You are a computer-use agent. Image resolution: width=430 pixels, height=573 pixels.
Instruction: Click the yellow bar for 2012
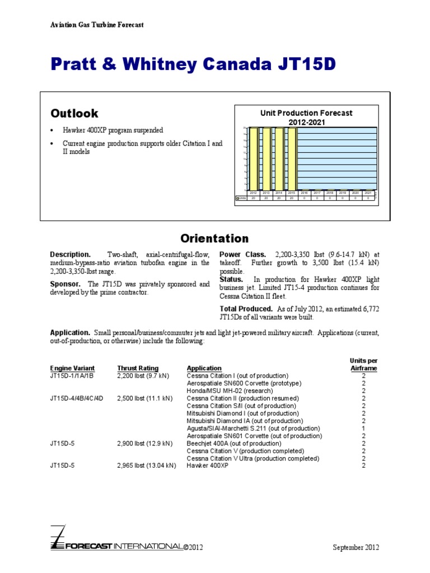(253, 158)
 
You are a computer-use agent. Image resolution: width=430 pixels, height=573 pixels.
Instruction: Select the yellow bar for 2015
(291, 158)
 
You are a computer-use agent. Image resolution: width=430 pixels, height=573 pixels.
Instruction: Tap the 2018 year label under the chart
(330, 192)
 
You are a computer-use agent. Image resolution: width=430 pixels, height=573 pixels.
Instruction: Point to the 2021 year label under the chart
(368, 192)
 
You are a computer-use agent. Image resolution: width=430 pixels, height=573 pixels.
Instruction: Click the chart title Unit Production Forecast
(306, 113)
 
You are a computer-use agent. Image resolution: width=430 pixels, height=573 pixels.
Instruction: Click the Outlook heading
(74, 113)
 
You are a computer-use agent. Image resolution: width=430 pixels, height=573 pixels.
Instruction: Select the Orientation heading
(214, 238)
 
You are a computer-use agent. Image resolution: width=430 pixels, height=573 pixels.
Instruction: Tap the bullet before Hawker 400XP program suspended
(52, 130)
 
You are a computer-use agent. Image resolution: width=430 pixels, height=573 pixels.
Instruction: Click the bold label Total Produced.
(247, 308)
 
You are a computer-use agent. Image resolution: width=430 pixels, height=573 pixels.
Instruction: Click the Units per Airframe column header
(363, 365)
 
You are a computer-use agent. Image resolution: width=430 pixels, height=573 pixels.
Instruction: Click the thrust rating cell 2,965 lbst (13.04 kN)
(147, 466)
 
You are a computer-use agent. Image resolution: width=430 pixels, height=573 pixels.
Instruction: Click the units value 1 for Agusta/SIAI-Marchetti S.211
(363, 428)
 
